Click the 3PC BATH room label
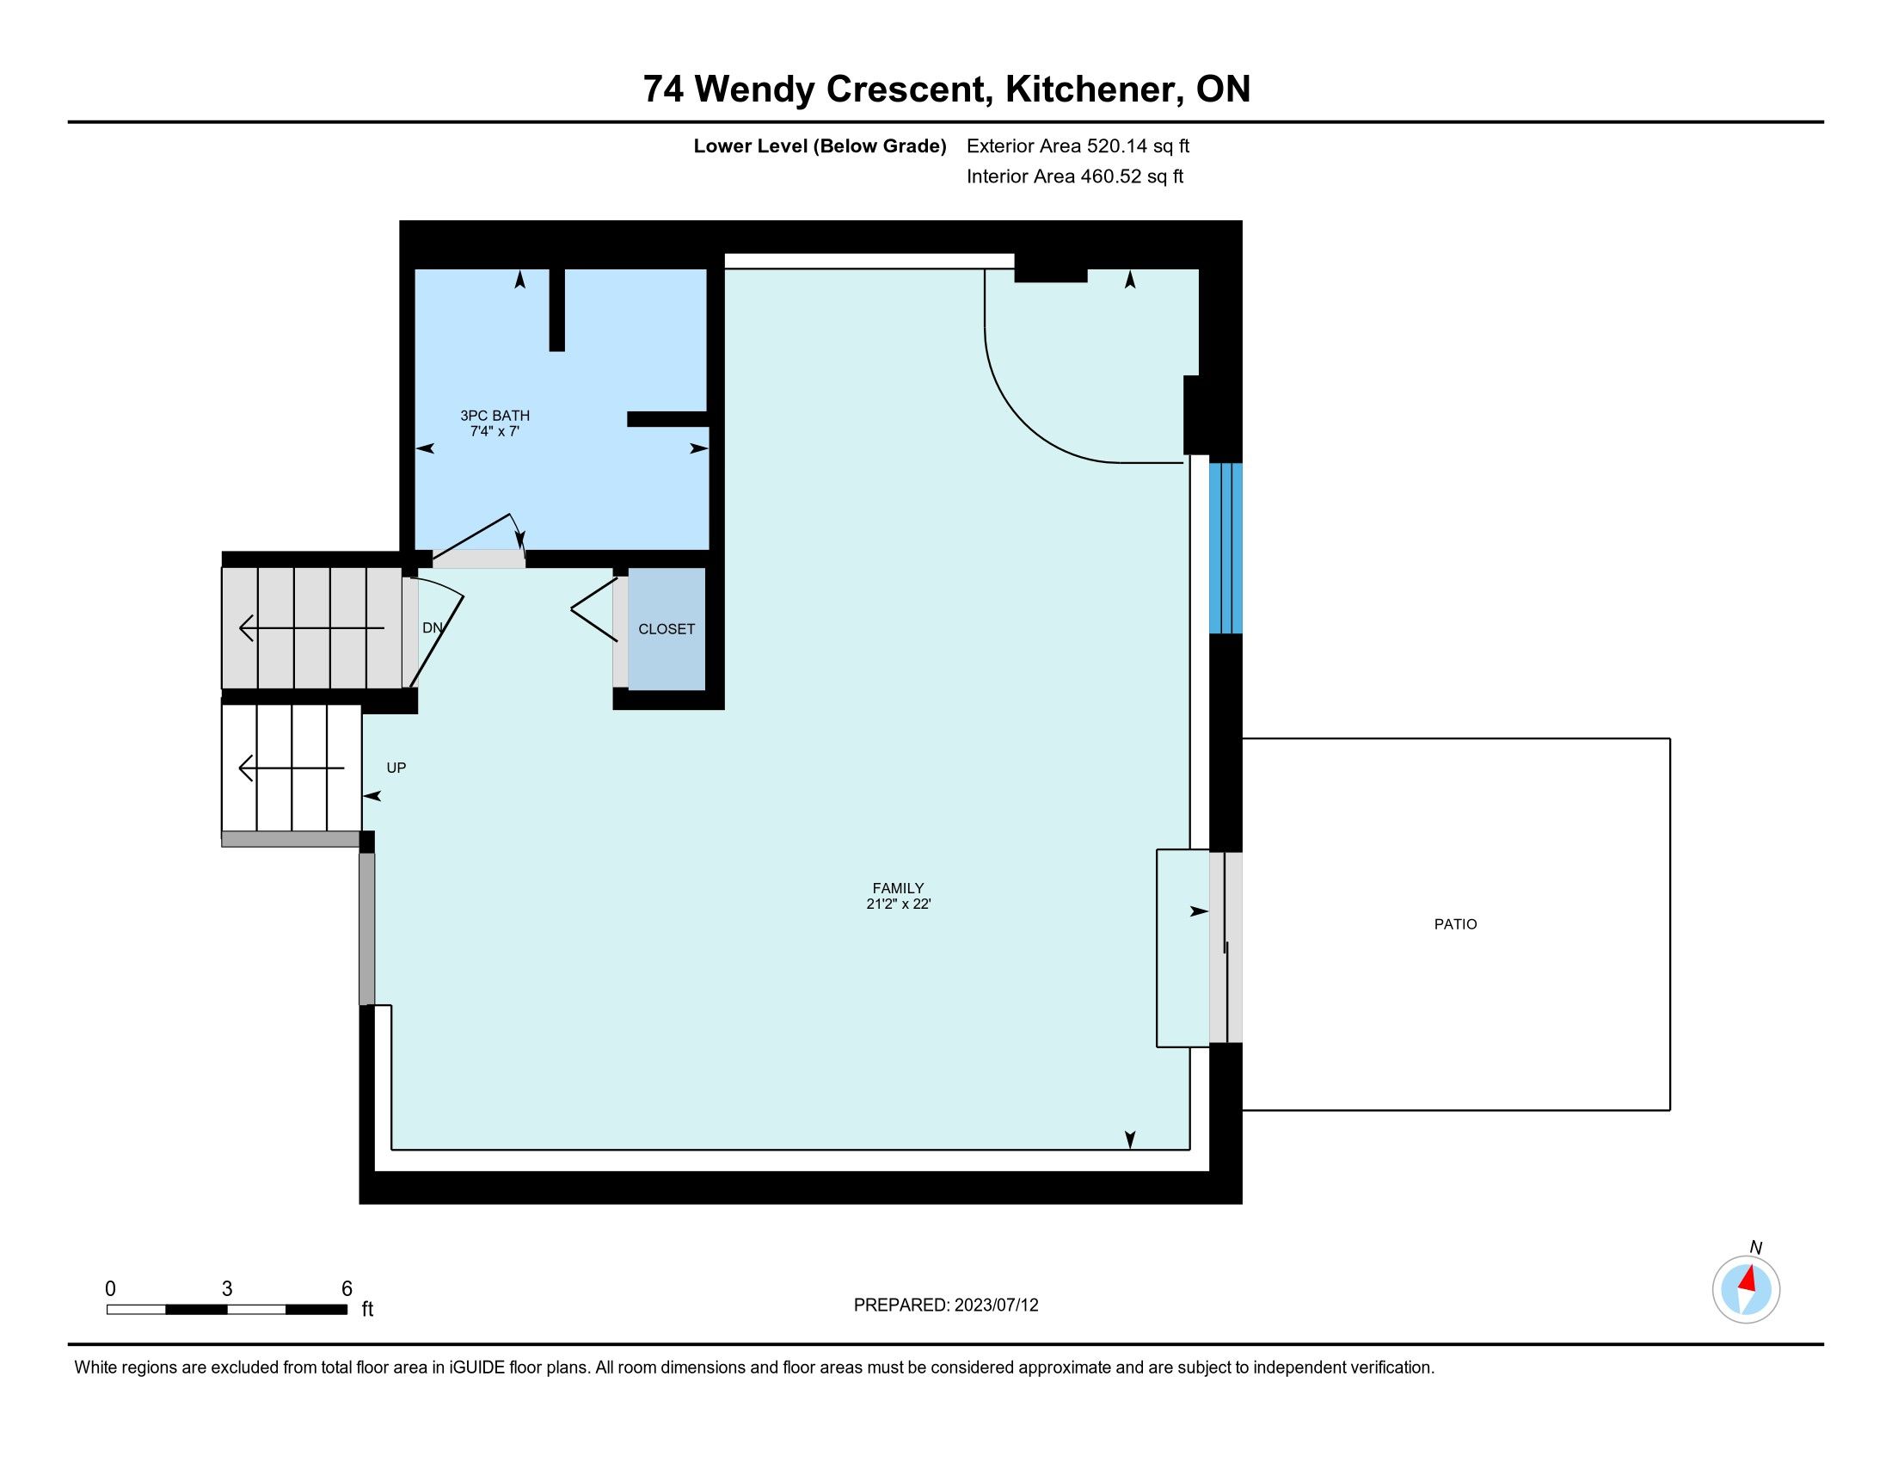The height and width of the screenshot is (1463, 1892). pyautogui.click(x=494, y=416)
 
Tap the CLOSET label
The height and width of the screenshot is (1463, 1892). pyautogui.click(x=666, y=629)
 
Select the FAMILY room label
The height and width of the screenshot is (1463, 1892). pyautogui.click(x=899, y=888)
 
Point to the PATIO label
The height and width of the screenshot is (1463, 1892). pyautogui.click(x=1455, y=925)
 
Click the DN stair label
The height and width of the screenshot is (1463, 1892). pyautogui.click(x=433, y=628)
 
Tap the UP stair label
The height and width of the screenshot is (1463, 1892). pyautogui.click(x=396, y=768)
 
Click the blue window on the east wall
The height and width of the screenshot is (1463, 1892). pyautogui.click(x=1225, y=549)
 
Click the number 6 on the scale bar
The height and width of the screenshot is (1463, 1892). pyautogui.click(x=347, y=1289)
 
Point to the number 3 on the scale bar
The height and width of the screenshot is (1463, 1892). pyautogui.click(x=227, y=1289)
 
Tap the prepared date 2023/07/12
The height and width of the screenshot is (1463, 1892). pyautogui.click(x=996, y=1306)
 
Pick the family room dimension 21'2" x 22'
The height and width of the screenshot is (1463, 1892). pyautogui.click(x=899, y=904)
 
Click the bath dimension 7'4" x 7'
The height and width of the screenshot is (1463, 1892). pyautogui.click(x=494, y=431)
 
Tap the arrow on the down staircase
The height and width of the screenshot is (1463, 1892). pyautogui.click(x=312, y=627)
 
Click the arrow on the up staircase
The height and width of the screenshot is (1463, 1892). pyautogui.click(x=292, y=768)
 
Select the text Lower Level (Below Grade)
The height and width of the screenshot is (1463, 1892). pyautogui.click(x=820, y=146)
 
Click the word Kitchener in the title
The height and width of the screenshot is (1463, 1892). pyautogui.click(x=1094, y=90)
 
